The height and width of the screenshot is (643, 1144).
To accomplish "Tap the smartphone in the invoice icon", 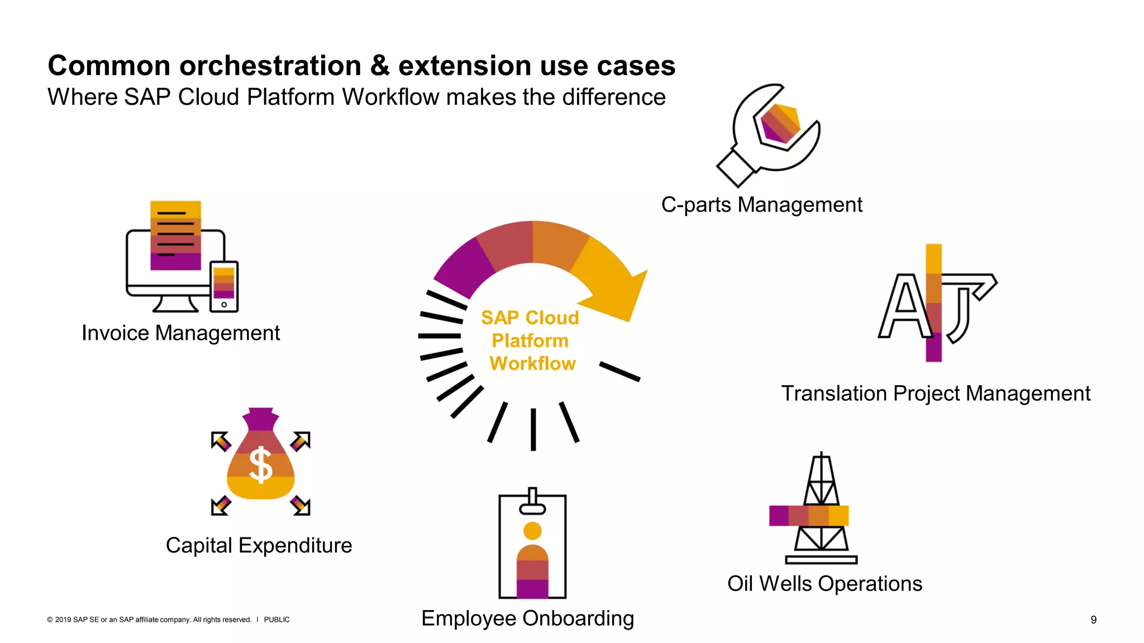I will pyautogui.click(x=224, y=286).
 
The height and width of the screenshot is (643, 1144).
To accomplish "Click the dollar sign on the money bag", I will pyautogui.click(x=260, y=464).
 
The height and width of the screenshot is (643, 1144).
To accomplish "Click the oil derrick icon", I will pyautogui.click(x=821, y=511).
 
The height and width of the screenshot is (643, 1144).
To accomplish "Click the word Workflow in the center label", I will pyautogui.click(x=532, y=363).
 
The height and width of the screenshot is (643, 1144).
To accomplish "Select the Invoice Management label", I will pyautogui.click(x=180, y=333).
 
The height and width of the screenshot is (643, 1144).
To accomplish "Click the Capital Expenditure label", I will pyautogui.click(x=259, y=545).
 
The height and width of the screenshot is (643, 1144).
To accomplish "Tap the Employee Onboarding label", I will pyautogui.click(x=527, y=618).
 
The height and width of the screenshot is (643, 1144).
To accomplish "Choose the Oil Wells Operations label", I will pyautogui.click(x=824, y=584).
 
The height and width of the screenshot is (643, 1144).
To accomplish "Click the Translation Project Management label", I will pyautogui.click(x=936, y=394).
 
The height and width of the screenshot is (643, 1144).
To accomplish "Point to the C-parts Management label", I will pyautogui.click(x=761, y=205).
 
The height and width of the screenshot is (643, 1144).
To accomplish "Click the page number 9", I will pyautogui.click(x=1094, y=620).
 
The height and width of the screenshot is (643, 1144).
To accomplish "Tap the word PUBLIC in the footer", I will pyautogui.click(x=277, y=620).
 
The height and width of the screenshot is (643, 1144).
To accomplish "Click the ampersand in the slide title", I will pyautogui.click(x=380, y=65).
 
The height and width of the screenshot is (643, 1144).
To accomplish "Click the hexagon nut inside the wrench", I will pyautogui.click(x=780, y=124).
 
